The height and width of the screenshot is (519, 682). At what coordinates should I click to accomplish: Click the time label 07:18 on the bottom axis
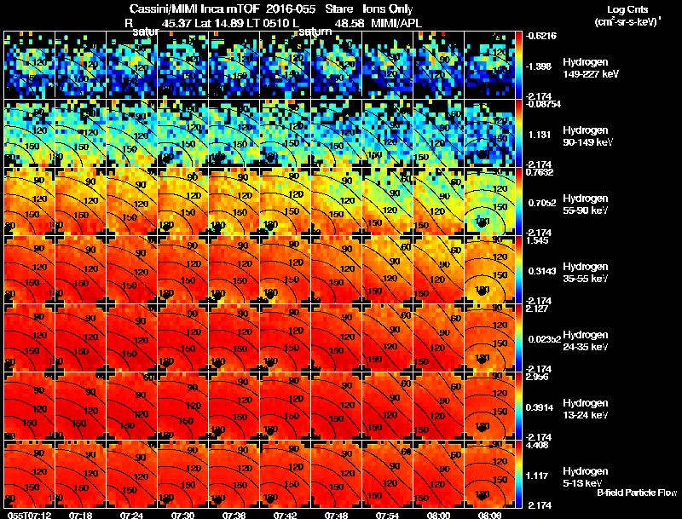[82, 515]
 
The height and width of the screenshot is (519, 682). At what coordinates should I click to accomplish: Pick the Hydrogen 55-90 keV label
[587, 204]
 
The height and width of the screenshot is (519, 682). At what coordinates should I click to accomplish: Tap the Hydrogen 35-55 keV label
[587, 272]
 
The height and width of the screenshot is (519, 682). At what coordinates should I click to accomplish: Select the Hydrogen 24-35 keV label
[587, 340]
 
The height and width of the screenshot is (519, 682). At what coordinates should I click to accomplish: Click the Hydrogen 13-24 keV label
[587, 408]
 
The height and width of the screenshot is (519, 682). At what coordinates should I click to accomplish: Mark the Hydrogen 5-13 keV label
[585, 476]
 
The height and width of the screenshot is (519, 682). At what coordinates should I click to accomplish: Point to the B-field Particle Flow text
[637, 493]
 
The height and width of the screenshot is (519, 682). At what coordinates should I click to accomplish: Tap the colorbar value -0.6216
[541, 36]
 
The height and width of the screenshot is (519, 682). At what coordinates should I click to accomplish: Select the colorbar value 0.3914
[540, 407]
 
